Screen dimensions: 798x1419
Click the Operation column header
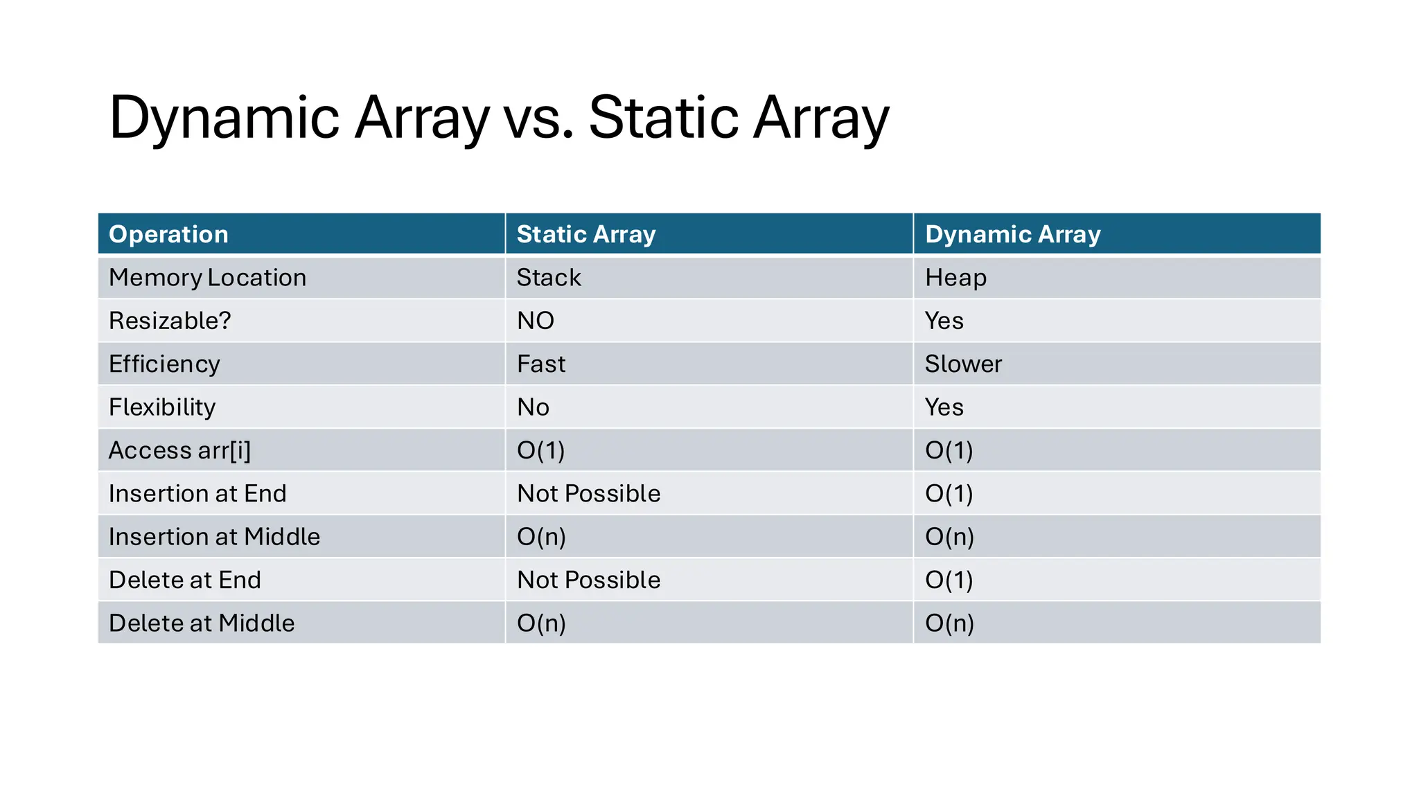[168, 234]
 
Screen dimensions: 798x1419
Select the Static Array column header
[586, 234]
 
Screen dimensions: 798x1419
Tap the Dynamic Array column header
[1012, 234]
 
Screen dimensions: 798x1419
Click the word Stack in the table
[549, 278]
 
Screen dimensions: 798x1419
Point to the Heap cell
[955, 278]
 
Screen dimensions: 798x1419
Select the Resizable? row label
[170, 321]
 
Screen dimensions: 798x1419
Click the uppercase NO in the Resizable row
[536, 321]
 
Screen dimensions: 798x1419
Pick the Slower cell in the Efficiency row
[963, 364]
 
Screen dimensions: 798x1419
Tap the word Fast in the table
[541, 364]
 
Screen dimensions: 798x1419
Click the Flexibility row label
[162, 407]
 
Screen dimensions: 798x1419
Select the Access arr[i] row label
[179, 450]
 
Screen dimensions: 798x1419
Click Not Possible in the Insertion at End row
[589, 494]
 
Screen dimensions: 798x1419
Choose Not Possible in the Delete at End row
[589, 580]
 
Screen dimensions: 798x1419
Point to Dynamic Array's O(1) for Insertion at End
[949, 494]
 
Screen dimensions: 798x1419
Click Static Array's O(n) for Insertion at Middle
[541, 537]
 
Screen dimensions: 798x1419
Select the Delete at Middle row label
[202, 623]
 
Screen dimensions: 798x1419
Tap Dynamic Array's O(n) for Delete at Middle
[949, 623]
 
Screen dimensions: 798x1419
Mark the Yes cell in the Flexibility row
[944, 407]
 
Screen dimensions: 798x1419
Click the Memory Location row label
[207, 278]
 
